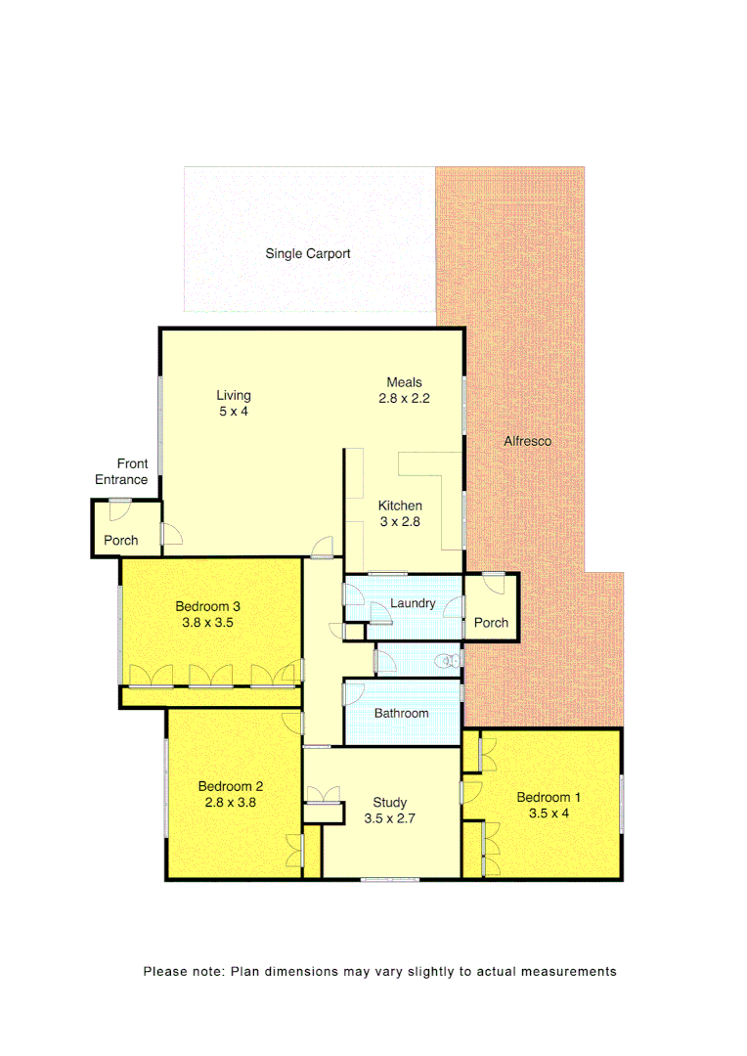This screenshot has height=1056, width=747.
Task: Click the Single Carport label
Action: click(x=308, y=254)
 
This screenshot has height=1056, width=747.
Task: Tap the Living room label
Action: click(x=234, y=396)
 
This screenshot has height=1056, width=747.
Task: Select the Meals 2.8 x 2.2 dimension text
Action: click(x=405, y=399)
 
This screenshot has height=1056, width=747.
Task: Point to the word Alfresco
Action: click(x=527, y=442)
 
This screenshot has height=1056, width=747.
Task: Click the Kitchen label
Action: click(x=400, y=506)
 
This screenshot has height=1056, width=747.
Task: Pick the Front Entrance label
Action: click(x=122, y=471)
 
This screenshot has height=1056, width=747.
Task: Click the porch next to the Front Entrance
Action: click(x=121, y=540)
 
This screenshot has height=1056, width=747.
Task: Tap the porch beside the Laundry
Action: click(x=491, y=623)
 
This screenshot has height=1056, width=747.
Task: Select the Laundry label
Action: click(x=413, y=603)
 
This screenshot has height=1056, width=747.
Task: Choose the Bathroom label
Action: click(x=402, y=714)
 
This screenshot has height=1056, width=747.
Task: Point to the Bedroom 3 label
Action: click(x=209, y=606)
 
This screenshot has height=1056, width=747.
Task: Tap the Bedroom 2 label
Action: click(x=231, y=786)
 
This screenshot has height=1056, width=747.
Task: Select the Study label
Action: click(x=390, y=803)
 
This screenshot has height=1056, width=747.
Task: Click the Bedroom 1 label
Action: click(x=549, y=798)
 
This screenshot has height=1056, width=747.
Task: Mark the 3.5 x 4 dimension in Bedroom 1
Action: click(x=549, y=814)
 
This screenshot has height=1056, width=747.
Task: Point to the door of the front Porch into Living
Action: click(x=170, y=534)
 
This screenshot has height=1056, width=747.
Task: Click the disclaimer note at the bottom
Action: click(x=379, y=972)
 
